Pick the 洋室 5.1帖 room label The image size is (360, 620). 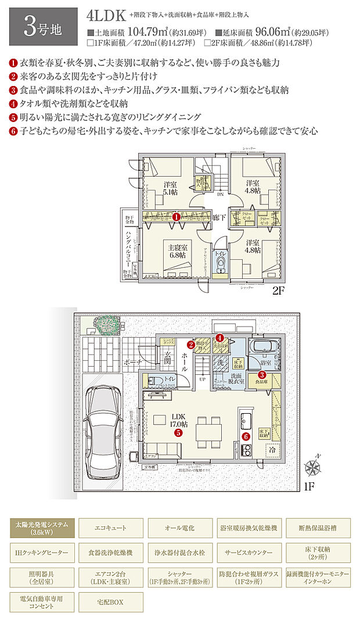[x=170, y=188]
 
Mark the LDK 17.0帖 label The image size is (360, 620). [x=178, y=421]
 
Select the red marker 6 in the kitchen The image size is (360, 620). [x=246, y=436]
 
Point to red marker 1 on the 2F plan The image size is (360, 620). [x=176, y=217]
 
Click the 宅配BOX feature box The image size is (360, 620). [x=110, y=601]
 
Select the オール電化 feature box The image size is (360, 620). [x=179, y=528]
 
